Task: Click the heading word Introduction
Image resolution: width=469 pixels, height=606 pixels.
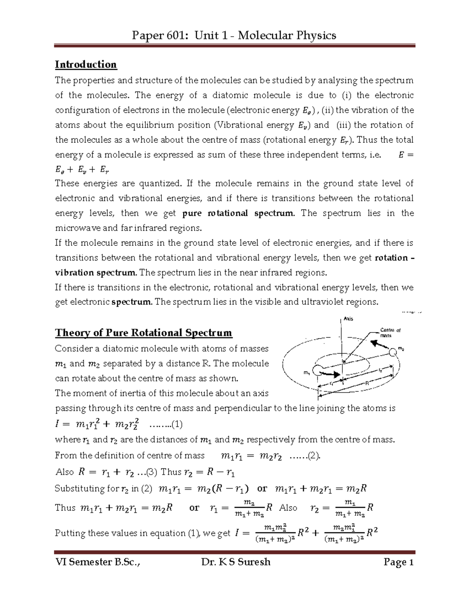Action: click(86, 64)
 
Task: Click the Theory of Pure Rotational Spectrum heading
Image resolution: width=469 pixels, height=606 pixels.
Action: click(143, 333)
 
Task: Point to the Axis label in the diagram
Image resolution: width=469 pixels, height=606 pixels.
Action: click(348, 319)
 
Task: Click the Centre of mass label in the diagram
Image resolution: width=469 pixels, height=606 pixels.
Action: click(390, 332)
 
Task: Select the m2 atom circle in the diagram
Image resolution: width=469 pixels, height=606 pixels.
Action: click(393, 352)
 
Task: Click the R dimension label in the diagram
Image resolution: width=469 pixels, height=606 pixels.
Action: click(367, 384)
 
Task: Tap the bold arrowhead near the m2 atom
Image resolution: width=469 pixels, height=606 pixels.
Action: click(376, 344)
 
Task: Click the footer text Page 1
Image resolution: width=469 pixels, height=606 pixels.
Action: click(398, 562)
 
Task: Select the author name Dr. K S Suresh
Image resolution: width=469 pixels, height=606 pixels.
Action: click(236, 562)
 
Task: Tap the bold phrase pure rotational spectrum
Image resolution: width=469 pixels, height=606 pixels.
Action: click(238, 213)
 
